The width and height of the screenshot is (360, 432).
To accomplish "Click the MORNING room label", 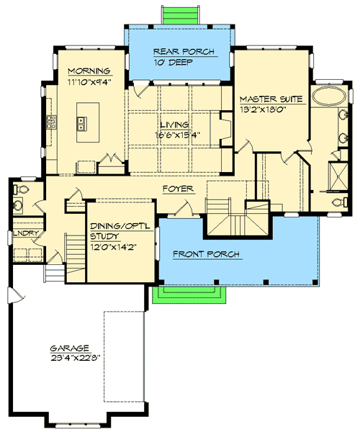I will pyautogui.click(x=89, y=71).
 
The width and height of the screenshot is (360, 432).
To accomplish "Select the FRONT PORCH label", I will pyautogui.click(x=206, y=254).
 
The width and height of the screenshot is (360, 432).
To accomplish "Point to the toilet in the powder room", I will pyautogui.click(x=20, y=190).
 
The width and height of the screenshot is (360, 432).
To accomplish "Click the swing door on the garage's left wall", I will pyautogui.click(x=12, y=295).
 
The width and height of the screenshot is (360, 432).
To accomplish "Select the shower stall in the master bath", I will pyautogui.click(x=336, y=173).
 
